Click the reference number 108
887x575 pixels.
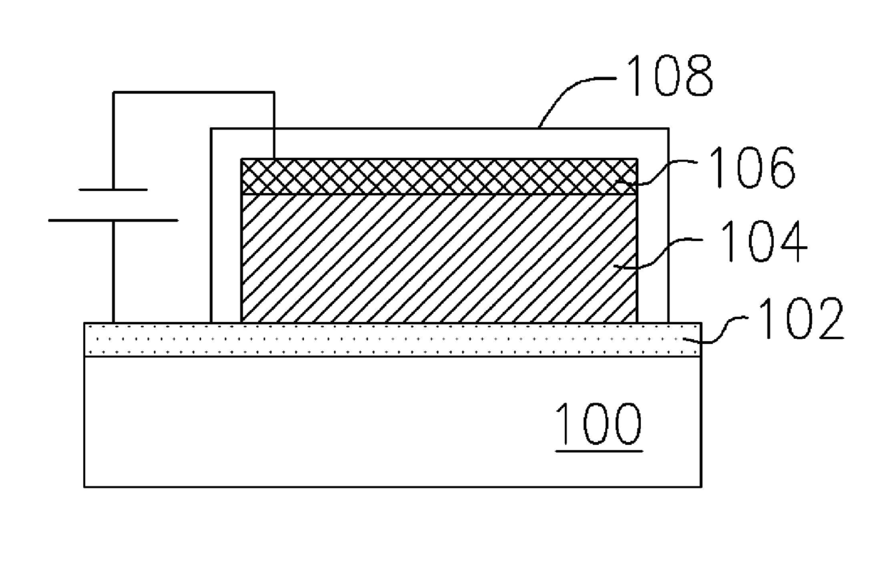[670, 75]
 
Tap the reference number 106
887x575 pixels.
[752, 167]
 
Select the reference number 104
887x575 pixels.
[763, 241]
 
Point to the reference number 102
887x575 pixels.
[800, 318]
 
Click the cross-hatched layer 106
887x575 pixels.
[439, 177]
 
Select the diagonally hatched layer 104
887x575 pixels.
[439, 259]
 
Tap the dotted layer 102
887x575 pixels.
[393, 340]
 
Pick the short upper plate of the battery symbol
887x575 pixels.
[113, 190]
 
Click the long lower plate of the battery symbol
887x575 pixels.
[113, 220]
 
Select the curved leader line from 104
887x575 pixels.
[658, 253]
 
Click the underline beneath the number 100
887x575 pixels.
[599, 451]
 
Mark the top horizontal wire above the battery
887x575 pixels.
[194, 93]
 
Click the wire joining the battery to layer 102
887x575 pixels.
[114, 272]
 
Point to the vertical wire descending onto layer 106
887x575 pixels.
[274, 126]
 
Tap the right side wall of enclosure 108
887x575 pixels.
[668, 225]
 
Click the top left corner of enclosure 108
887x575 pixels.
[211, 128]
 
